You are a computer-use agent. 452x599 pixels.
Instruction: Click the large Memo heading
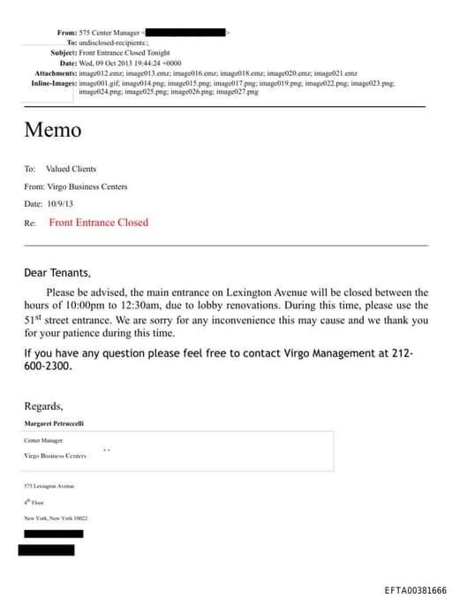point(52,130)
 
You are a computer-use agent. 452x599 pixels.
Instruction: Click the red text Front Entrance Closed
point(98,223)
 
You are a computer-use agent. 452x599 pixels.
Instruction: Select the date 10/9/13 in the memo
point(61,204)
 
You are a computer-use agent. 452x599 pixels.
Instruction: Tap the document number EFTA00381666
point(415,590)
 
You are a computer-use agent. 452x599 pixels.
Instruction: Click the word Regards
point(43,406)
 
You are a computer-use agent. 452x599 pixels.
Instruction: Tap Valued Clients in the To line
point(71,169)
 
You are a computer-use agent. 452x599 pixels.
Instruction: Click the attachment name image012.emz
point(101,72)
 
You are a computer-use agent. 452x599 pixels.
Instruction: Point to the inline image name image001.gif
point(100,82)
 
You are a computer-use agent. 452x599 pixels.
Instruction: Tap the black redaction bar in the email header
point(185,33)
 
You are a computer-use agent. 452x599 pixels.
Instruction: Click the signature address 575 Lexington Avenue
point(49,486)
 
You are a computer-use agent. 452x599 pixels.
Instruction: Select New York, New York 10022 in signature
point(56,518)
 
